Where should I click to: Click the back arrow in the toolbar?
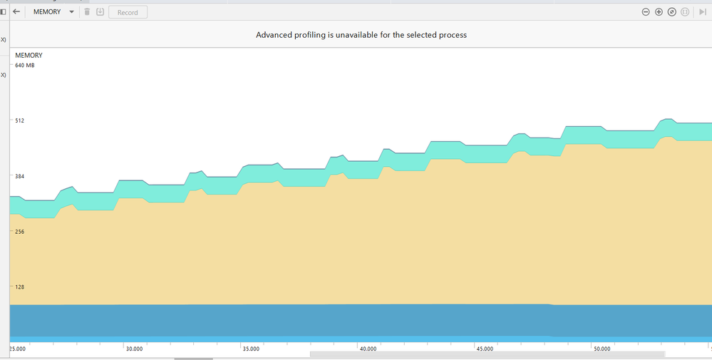pyautogui.click(x=16, y=12)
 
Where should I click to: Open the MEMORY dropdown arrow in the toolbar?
pyautogui.click(x=71, y=12)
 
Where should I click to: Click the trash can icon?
pyautogui.click(x=87, y=12)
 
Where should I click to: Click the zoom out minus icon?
pyautogui.click(x=646, y=12)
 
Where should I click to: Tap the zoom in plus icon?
pyautogui.click(x=659, y=12)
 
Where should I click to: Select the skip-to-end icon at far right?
pyautogui.click(x=703, y=12)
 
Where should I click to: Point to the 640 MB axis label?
pyautogui.click(x=25, y=66)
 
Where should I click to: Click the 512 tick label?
pyautogui.click(x=20, y=120)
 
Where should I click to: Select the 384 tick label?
pyautogui.click(x=20, y=176)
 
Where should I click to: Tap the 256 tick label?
pyautogui.click(x=20, y=232)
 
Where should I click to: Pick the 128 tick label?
pyautogui.click(x=20, y=287)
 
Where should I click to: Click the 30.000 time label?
pyautogui.click(x=134, y=349)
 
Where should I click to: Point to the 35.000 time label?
pyautogui.click(x=251, y=349)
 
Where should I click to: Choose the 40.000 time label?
pyautogui.click(x=368, y=349)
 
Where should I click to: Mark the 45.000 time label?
pyautogui.click(x=485, y=349)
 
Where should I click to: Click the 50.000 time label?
pyautogui.click(x=602, y=349)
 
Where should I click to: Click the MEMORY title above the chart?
pyautogui.click(x=29, y=55)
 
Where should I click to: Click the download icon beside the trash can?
pyautogui.click(x=100, y=12)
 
